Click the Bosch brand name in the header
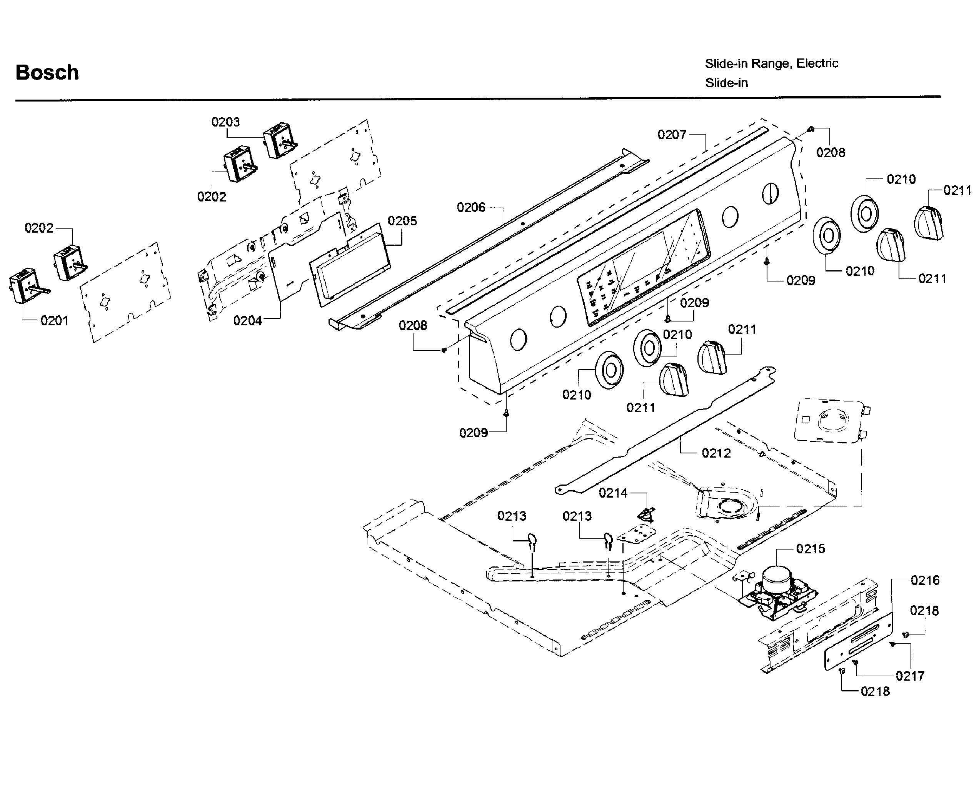(x=47, y=72)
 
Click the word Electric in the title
(x=817, y=63)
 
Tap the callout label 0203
(x=225, y=122)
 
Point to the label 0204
(x=247, y=321)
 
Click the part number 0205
(x=402, y=221)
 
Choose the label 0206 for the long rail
(x=471, y=208)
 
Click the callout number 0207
(x=672, y=135)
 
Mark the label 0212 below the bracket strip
(x=716, y=453)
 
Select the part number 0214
(x=613, y=493)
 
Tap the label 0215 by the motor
(x=811, y=549)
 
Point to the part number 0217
(x=910, y=676)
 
